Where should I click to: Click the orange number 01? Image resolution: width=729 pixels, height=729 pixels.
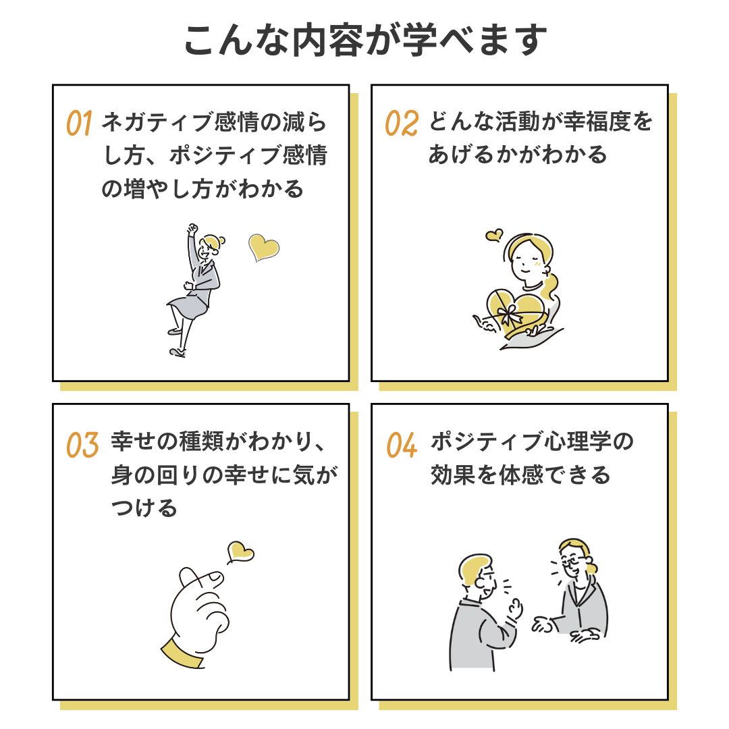(x=79, y=124)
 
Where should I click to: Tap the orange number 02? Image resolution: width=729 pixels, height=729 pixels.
(x=402, y=124)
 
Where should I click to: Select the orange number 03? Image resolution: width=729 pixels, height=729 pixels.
(x=82, y=444)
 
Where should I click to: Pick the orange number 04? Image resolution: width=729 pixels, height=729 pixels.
(x=402, y=444)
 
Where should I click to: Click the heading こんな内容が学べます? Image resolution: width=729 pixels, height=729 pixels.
(x=365, y=40)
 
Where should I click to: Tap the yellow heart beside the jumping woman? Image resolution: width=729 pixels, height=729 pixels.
(x=264, y=247)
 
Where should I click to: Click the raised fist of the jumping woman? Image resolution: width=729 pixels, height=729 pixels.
(x=192, y=229)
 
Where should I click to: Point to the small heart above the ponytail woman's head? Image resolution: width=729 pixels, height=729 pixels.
(x=494, y=236)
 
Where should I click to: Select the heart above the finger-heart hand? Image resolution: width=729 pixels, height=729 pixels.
(x=241, y=552)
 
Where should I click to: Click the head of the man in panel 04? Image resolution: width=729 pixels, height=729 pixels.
(x=478, y=577)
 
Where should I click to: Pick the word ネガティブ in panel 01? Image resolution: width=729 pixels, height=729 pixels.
(x=157, y=122)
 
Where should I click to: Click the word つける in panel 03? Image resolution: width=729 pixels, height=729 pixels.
(x=144, y=508)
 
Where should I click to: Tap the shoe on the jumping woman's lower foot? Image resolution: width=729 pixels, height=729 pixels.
(x=178, y=352)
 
